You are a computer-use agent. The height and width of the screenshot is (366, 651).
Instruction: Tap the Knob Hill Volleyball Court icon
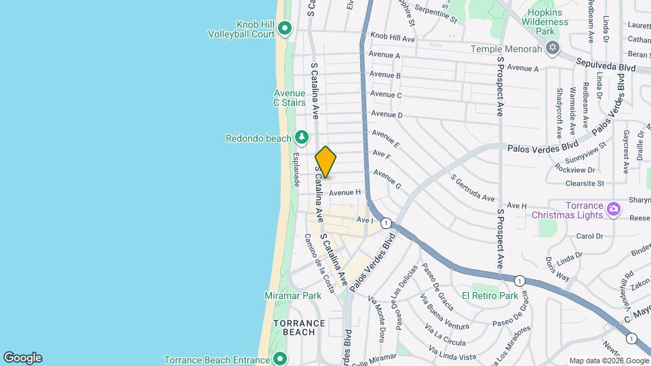[285, 28]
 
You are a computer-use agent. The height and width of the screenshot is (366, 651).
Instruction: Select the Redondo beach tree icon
[302, 138]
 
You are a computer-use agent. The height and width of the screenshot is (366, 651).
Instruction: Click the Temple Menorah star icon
[553, 48]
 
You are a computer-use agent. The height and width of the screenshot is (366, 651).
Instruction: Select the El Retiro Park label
[490, 296]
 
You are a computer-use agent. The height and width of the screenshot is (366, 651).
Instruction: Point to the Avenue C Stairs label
[289, 98]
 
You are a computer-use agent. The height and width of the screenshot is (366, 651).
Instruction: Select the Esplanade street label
[296, 169]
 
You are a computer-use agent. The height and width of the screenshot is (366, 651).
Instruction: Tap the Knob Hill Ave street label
[392, 37]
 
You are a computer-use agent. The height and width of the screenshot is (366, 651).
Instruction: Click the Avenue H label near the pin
[345, 192]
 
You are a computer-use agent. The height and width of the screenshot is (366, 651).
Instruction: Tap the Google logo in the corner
[22, 358]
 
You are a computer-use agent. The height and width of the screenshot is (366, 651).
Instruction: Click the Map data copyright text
[608, 361]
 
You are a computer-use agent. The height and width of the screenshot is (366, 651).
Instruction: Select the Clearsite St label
[585, 183]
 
